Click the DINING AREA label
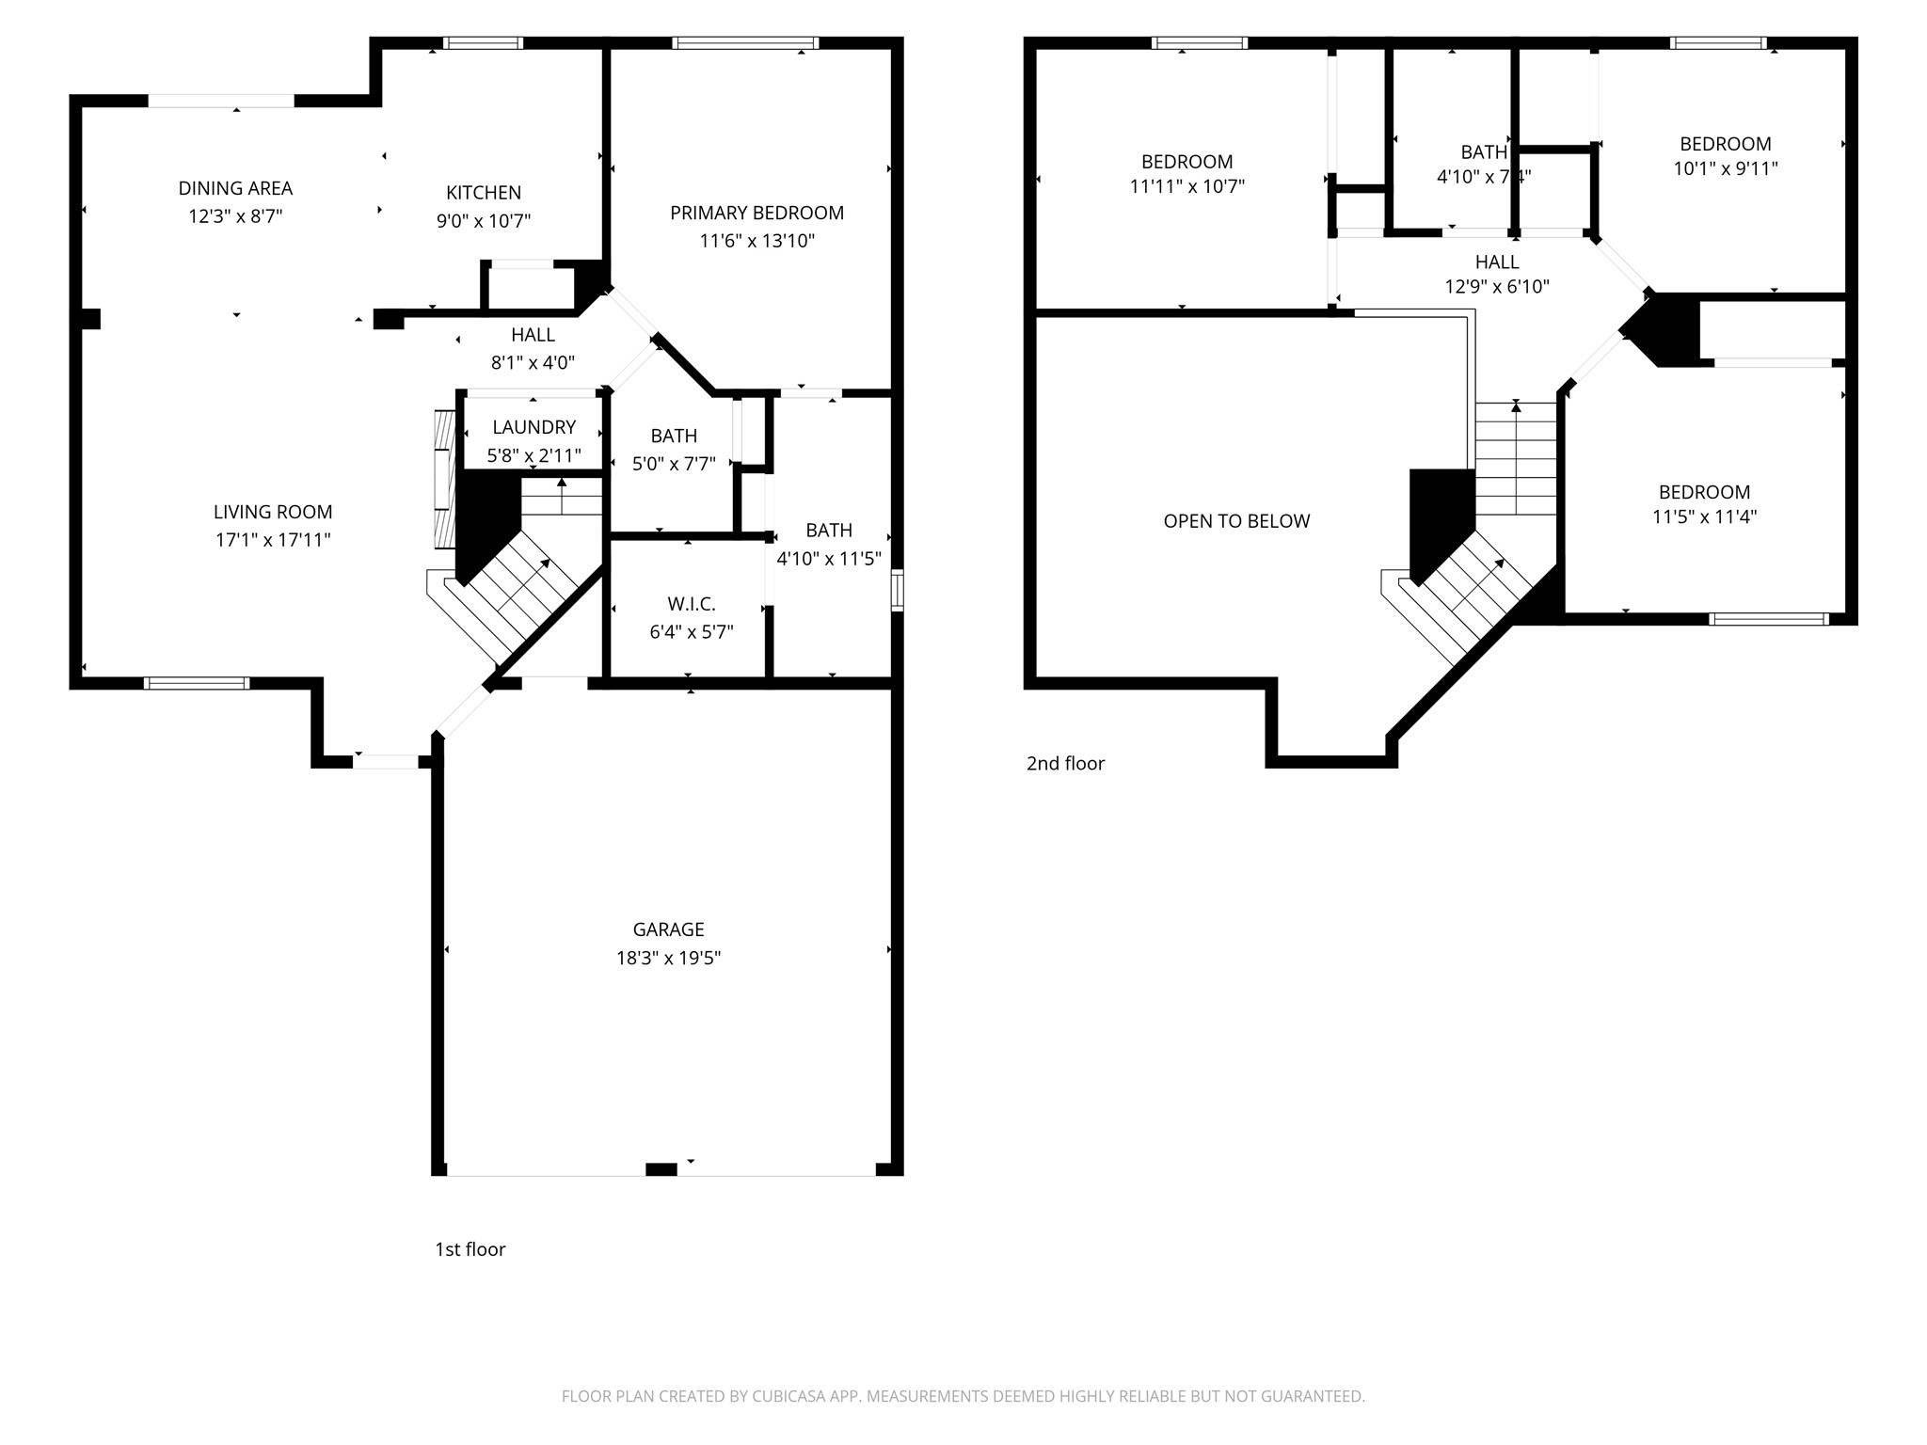pyautogui.click(x=235, y=188)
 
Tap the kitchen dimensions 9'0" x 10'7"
pyautogui.click(x=484, y=221)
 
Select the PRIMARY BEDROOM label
pyautogui.click(x=756, y=213)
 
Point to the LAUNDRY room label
pyautogui.click(x=534, y=427)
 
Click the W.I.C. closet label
pyautogui.click(x=692, y=604)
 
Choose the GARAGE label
pyautogui.click(x=668, y=929)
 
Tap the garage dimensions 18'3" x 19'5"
pyautogui.click(x=668, y=958)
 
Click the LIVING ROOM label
pyautogui.click(x=273, y=512)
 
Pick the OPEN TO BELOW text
pyautogui.click(x=1236, y=521)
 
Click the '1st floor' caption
pyautogui.click(x=470, y=1249)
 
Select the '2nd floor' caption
pyautogui.click(x=1065, y=763)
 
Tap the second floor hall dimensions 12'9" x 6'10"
pyautogui.click(x=1497, y=287)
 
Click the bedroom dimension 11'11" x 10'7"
pyautogui.click(x=1186, y=186)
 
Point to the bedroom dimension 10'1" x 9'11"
pyautogui.click(x=1725, y=168)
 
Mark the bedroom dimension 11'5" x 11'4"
pyautogui.click(x=1704, y=516)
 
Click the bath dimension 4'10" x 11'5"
pyautogui.click(x=828, y=559)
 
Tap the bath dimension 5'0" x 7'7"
pyautogui.click(x=674, y=464)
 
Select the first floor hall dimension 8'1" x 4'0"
pyautogui.click(x=533, y=362)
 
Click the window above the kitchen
pyautogui.click(x=483, y=43)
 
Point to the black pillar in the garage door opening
pyautogui.click(x=661, y=1169)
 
